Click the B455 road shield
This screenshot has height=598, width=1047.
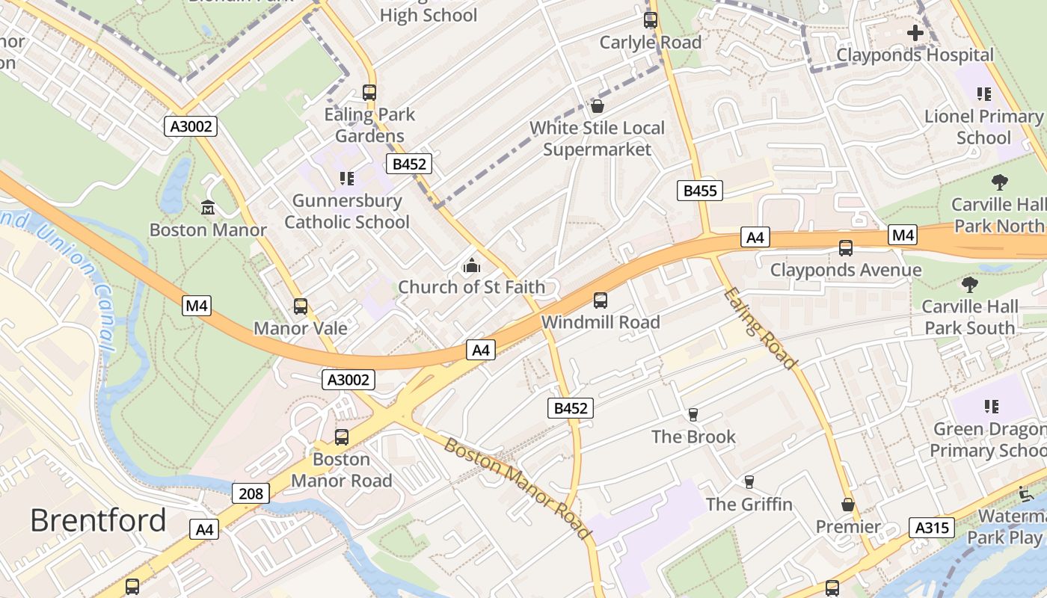(x=700, y=191)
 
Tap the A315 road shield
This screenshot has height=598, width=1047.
(x=932, y=528)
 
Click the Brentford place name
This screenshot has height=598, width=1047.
(x=98, y=520)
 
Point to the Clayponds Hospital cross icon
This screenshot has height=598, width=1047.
(x=915, y=33)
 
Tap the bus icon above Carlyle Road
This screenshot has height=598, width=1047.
(x=651, y=20)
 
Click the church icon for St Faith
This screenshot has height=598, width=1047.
(x=471, y=265)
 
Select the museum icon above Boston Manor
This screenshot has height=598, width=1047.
(x=208, y=207)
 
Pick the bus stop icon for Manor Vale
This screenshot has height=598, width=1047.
(x=301, y=306)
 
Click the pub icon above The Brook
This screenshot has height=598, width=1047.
(x=693, y=415)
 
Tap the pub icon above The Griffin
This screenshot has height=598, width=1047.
(x=749, y=482)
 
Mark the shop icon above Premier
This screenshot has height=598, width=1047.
(x=847, y=505)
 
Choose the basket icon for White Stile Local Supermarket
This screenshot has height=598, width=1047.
(x=597, y=106)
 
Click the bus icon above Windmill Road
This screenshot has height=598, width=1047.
(x=600, y=300)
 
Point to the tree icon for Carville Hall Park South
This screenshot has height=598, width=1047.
(x=969, y=284)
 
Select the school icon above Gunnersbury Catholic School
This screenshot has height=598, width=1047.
(x=346, y=178)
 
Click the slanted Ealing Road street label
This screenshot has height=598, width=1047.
(x=760, y=328)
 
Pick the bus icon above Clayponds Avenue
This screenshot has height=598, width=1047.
(x=846, y=247)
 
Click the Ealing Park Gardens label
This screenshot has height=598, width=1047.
(x=369, y=125)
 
